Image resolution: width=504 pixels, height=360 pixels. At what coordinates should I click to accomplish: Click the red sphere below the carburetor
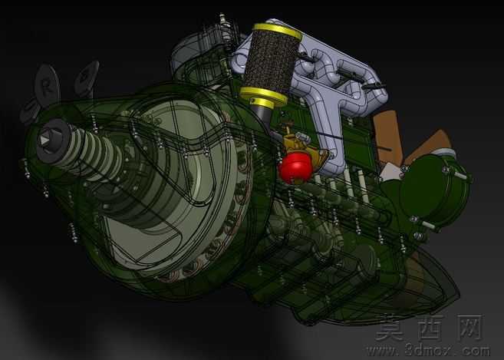295,168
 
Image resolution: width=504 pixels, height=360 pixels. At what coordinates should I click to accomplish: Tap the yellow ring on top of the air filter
278,31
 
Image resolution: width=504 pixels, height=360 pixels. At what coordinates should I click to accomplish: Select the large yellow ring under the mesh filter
263,95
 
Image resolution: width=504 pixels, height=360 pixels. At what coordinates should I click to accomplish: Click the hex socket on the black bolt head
44,140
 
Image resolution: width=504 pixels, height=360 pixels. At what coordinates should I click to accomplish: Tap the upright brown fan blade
387,136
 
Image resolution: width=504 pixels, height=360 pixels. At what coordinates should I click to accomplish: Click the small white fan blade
390,172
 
